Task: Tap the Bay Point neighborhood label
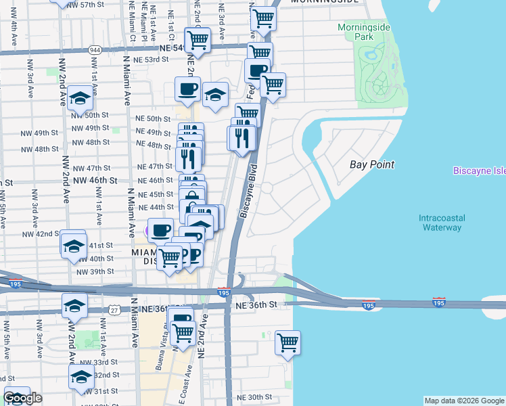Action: pos(371,164)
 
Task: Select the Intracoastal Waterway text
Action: pos(440,223)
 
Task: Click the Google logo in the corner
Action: pos(22,398)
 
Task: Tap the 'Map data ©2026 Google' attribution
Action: pos(464,401)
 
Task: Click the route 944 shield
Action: pos(94,49)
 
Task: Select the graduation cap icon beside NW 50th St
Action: pos(80,99)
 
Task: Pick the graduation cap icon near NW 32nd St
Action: pos(82,376)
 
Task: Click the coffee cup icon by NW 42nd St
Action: pos(161,231)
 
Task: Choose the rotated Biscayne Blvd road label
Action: pos(248,191)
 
